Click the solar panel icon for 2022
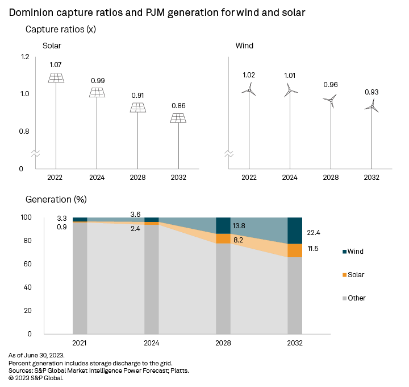(56, 78)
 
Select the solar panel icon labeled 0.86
(178, 118)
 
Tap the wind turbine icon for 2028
(331, 100)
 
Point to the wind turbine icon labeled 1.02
(249, 89)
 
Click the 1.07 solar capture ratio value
(56, 64)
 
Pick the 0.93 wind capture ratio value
(372, 92)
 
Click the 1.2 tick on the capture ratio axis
(24, 57)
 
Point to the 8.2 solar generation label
(239, 241)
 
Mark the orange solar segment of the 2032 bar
(295, 250)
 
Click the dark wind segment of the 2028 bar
(223, 225)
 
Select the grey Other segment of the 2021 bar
(80, 279)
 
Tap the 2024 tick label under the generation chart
(152, 343)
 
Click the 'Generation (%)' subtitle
(51, 199)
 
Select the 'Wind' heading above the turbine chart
(245, 45)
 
